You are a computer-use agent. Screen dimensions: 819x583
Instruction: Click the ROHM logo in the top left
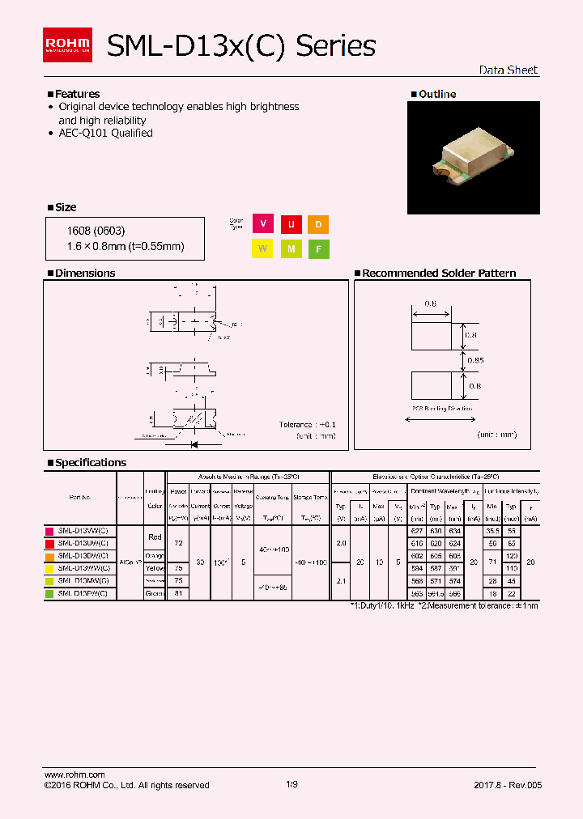point(67,45)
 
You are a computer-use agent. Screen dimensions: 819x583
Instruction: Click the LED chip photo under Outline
point(474,157)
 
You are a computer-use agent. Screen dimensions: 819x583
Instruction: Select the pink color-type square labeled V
point(262,225)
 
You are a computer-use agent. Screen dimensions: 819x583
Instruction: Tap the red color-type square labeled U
point(290,225)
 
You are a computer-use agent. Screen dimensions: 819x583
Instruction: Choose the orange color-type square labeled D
point(318,225)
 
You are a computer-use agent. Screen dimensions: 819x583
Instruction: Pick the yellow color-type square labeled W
point(262,249)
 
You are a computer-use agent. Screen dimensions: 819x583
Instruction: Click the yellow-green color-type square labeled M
point(290,249)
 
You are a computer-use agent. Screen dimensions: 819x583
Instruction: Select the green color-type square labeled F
point(318,249)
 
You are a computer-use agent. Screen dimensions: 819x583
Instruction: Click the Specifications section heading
point(90,463)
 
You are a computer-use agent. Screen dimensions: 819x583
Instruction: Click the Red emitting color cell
point(155,537)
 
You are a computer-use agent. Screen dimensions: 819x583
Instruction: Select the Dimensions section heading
point(84,274)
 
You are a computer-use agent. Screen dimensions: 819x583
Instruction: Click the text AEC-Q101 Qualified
point(105,134)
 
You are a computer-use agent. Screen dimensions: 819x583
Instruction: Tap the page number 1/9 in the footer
point(291,785)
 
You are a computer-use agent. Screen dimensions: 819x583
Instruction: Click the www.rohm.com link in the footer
point(74,774)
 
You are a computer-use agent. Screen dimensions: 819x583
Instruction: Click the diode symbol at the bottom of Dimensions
point(194,444)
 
